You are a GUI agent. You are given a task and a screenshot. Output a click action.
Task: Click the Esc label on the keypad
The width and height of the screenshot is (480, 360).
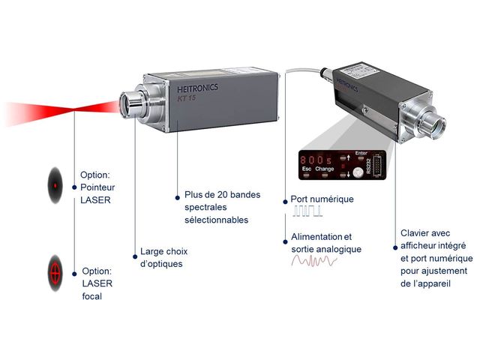[307, 169]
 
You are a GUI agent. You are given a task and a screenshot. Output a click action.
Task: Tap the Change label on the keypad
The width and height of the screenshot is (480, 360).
[325, 169]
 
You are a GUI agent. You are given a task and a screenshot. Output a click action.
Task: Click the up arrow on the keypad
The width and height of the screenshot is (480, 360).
[349, 158]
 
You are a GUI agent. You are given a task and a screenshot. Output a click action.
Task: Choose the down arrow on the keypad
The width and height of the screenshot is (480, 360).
[349, 175]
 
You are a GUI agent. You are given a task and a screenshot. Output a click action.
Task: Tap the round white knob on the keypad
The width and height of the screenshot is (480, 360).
[358, 172]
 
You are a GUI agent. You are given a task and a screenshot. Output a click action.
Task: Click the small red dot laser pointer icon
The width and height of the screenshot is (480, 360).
[55, 183]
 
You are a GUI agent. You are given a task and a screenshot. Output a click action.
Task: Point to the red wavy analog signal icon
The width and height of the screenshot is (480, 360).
[313, 260]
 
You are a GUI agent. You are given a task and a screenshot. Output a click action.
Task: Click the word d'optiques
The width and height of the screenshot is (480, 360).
[161, 264]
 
